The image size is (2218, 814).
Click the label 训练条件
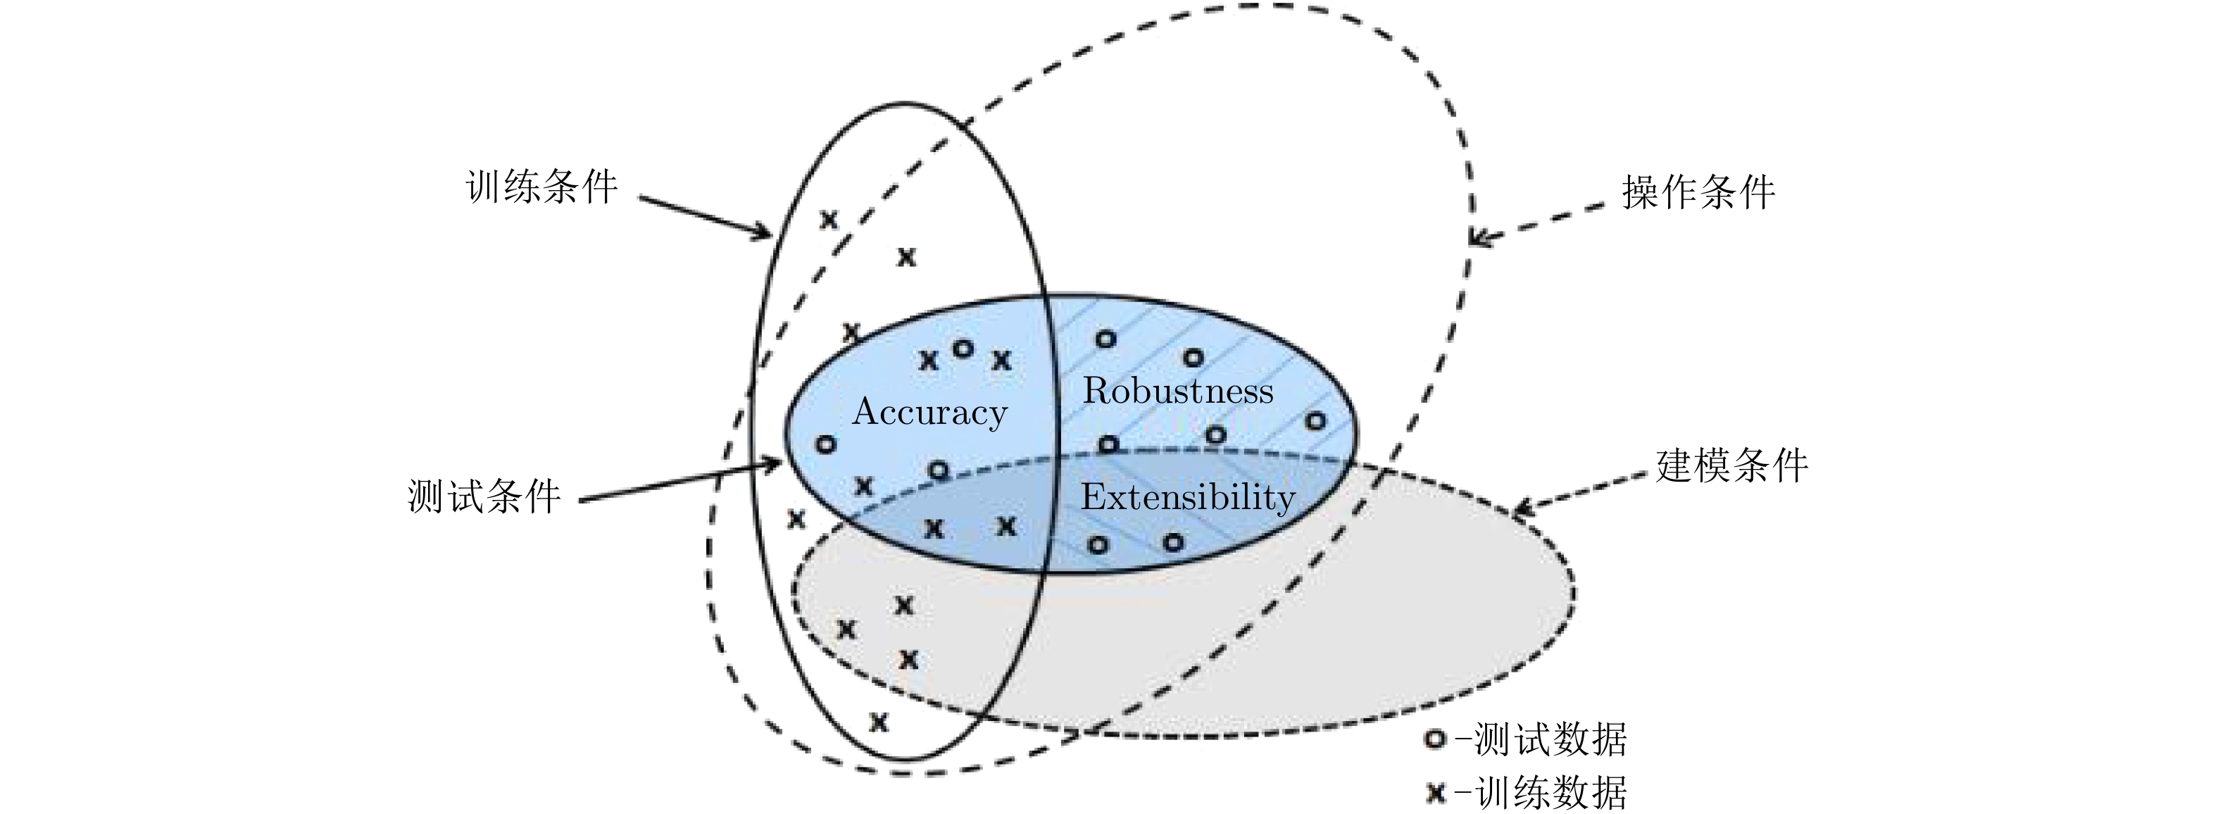541,187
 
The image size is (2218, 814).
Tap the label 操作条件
1698,192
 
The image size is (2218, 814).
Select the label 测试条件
484,497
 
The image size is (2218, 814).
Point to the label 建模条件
1731,466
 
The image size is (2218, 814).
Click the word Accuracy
930,413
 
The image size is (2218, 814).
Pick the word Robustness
1177,391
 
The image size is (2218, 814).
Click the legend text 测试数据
1550,739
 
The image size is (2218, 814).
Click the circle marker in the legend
1434,739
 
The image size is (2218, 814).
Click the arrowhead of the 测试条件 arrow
775,465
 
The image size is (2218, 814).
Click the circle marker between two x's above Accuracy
963,349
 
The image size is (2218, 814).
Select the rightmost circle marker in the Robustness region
1315,421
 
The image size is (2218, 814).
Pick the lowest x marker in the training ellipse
878,721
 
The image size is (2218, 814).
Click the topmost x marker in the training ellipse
828,220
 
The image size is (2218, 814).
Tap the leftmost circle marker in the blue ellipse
825,444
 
